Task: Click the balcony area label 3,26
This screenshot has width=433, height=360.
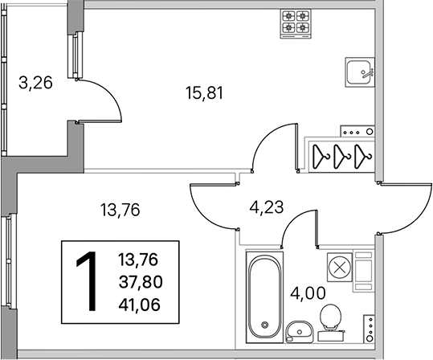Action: click(x=35, y=83)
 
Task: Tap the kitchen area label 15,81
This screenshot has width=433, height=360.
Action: click(x=204, y=93)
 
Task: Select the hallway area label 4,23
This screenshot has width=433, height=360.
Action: click(x=267, y=207)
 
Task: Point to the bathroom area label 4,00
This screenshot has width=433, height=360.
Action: click(x=308, y=293)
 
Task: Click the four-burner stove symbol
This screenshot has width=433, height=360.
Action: click(x=296, y=24)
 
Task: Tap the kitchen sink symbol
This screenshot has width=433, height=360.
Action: click(x=360, y=72)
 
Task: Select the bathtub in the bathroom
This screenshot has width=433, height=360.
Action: click(x=264, y=297)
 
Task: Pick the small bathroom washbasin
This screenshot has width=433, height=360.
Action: click(x=300, y=332)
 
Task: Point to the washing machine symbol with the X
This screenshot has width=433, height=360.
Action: click(x=340, y=268)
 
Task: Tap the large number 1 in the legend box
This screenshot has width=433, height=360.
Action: click(x=88, y=281)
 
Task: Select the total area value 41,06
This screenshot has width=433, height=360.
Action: click(x=140, y=305)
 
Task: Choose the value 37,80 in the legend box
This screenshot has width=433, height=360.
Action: click(x=141, y=282)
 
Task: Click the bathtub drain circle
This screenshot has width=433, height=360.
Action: click(x=265, y=325)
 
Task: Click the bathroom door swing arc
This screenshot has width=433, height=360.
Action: click(x=293, y=221)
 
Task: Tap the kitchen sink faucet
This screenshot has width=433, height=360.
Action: click(x=368, y=72)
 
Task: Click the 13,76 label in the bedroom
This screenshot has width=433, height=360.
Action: click(x=121, y=210)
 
